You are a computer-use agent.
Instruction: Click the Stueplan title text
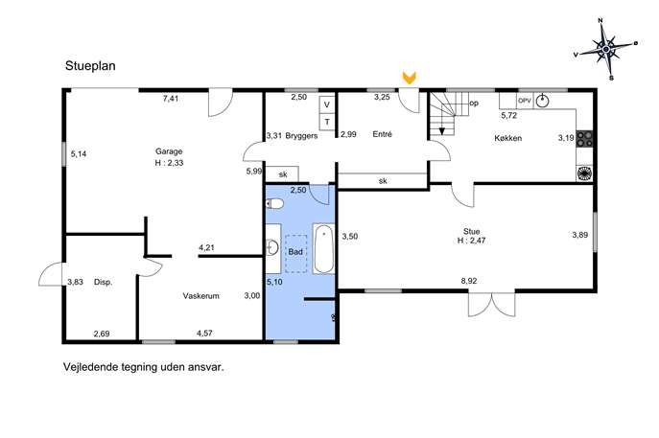[90, 66]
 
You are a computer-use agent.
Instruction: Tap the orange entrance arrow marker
[409, 78]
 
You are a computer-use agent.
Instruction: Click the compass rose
[605, 50]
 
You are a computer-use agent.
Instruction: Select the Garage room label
[169, 151]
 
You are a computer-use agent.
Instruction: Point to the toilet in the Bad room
[274, 204]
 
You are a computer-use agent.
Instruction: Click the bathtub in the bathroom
[323, 248]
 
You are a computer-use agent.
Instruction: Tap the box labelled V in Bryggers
[327, 105]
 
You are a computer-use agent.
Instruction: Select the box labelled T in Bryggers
[327, 123]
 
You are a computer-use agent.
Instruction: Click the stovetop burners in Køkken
[584, 139]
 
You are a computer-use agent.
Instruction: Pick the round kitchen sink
[543, 101]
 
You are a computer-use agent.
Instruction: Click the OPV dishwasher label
[525, 101]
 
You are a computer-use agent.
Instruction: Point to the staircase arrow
[441, 125]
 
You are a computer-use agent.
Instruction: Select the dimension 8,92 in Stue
[469, 281]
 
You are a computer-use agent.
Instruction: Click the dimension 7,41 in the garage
[171, 99]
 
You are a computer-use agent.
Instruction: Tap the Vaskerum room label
[200, 296]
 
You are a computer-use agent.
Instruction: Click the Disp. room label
[103, 282]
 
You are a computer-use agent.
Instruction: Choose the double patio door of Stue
[492, 304]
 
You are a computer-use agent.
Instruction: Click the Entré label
[383, 134]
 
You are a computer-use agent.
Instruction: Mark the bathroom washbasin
[272, 247]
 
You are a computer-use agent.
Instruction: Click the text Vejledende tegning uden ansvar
[144, 367]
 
